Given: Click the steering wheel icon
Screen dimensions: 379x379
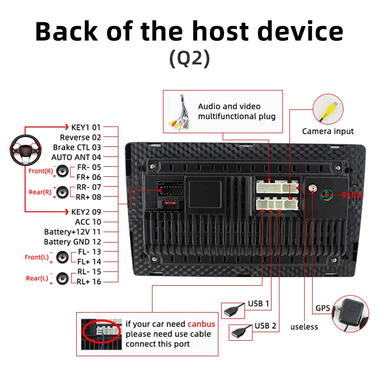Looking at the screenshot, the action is pyautogui.click(x=26, y=150).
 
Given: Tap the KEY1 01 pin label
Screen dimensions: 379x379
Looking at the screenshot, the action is pyautogui.click(x=86, y=127).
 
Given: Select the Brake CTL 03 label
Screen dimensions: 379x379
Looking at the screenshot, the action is pyautogui.click(x=77, y=147).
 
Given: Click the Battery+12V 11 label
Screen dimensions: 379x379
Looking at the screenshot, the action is pyautogui.click(x=72, y=232).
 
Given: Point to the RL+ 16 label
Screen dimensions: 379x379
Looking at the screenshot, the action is pyautogui.click(x=89, y=281).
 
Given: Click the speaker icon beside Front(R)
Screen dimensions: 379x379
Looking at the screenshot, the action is pyautogui.click(x=63, y=171).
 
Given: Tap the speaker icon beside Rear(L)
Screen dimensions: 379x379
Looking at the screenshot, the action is pyautogui.click(x=63, y=279).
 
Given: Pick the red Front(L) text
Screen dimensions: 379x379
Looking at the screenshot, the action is pyautogui.click(x=37, y=257).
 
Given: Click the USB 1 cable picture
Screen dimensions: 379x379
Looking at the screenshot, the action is pyautogui.click(x=233, y=310).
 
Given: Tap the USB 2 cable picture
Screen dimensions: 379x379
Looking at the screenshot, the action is pyautogui.click(x=241, y=333).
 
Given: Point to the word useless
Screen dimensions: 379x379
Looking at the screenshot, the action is pyautogui.click(x=304, y=327).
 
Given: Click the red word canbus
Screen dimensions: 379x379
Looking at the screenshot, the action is pyautogui.click(x=201, y=324).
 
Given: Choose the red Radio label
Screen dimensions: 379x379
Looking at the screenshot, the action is pyautogui.click(x=352, y=195).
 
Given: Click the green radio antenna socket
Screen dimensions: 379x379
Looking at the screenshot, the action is pyautogui.click(x=326, y=195).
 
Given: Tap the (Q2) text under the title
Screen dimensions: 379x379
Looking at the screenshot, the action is pyautogui.click(x=189, y=58).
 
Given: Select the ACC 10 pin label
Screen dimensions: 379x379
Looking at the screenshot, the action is pyautogui.click(x=88, y=222).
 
